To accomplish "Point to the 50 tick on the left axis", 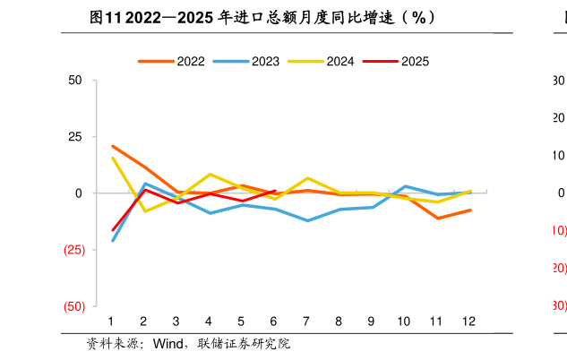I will tap(75, 81).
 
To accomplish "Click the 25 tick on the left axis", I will tap(75, 137).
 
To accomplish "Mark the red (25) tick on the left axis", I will tap(73, 250).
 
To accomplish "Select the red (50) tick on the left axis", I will tap(73, 306).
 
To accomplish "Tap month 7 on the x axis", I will tap(306, 321).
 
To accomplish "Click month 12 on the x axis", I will tap(469, 321).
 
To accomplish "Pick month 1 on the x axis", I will tap(111, 321).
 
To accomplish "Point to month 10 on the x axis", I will tap(404, 321).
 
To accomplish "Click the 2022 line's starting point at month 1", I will tap(112, 146).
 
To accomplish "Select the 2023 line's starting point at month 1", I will tap(112, 241).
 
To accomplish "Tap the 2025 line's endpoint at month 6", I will tap(275, 190).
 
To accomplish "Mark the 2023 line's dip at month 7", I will tap(307, 220).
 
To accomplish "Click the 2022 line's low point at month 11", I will tap(438, 219).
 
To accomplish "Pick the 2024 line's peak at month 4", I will tap(210, 175).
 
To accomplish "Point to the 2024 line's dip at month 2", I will tap(145, 210).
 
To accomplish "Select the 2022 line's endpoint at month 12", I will tap(470, 210).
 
